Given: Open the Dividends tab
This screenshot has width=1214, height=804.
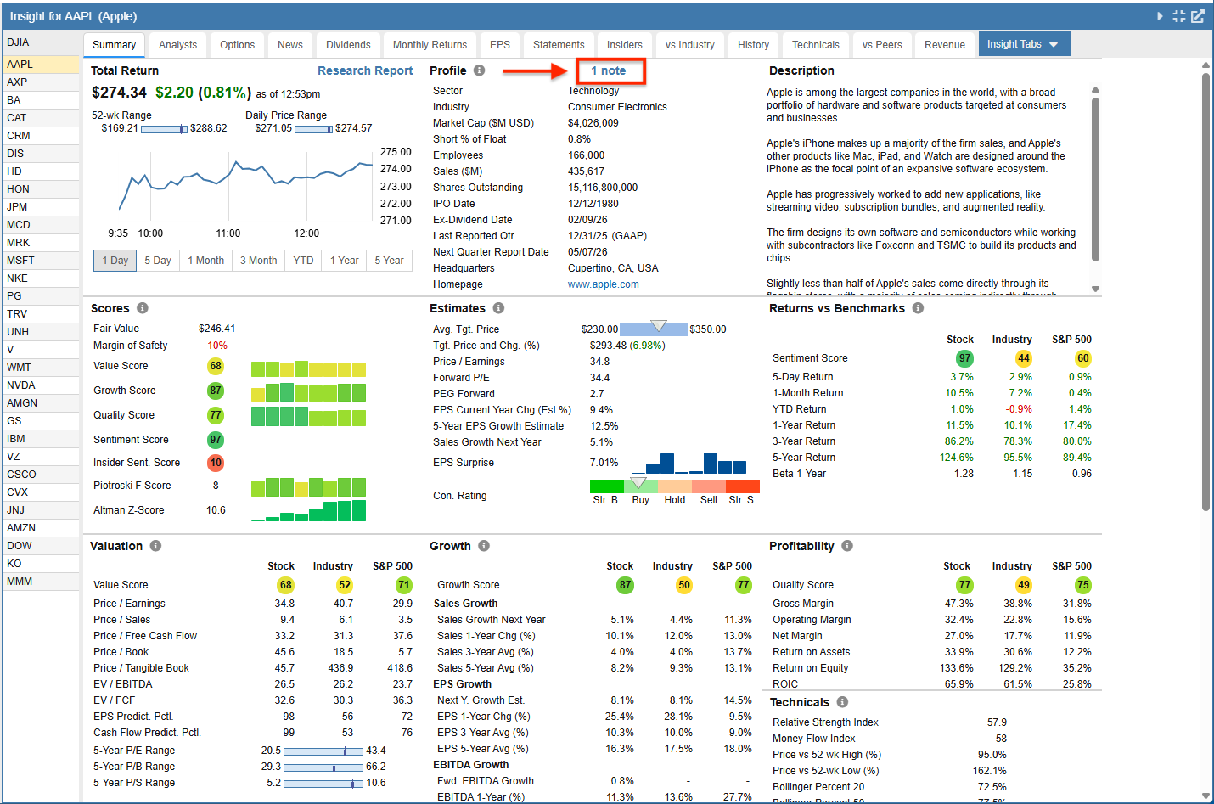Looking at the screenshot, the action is tap(348, 44).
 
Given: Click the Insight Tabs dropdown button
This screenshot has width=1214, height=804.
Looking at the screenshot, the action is tap(1024, 44).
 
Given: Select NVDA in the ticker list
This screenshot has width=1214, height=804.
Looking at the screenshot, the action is tap(21, 385).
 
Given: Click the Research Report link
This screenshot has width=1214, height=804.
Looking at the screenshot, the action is tap(365, 70).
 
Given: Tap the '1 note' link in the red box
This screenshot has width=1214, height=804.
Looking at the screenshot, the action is tap(608, 70).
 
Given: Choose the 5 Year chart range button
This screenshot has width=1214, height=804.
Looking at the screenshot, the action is tap(389, 261).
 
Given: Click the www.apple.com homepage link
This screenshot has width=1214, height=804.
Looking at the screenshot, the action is tap(604, 284).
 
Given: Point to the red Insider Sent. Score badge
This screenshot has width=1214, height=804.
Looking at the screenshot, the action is tap(216, 463).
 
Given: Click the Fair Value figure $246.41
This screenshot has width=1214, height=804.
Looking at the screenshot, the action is tap(216, 328).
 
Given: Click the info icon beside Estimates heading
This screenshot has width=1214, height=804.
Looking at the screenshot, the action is tap(498, 308).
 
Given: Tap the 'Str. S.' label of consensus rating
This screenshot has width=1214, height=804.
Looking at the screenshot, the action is tap(742, 500).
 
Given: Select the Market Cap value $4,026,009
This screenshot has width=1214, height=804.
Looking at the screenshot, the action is tap(593, 123).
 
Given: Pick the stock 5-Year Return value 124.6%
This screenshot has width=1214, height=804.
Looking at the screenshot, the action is tap(957, 458).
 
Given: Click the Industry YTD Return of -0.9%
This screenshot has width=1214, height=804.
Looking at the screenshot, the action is tap(1019, 408).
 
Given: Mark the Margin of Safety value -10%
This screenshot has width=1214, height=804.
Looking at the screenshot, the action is tap(215, 346).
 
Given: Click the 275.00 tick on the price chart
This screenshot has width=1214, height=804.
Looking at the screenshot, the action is tap(396, 152).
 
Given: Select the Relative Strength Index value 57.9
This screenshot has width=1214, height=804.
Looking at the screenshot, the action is tap(997, 722).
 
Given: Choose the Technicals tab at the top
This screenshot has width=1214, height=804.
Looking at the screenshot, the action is tap(815, 44).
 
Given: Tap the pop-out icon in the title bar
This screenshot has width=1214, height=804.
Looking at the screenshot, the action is tap(1197, 16).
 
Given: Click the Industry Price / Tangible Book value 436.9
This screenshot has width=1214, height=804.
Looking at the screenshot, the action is tap(340, 668).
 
